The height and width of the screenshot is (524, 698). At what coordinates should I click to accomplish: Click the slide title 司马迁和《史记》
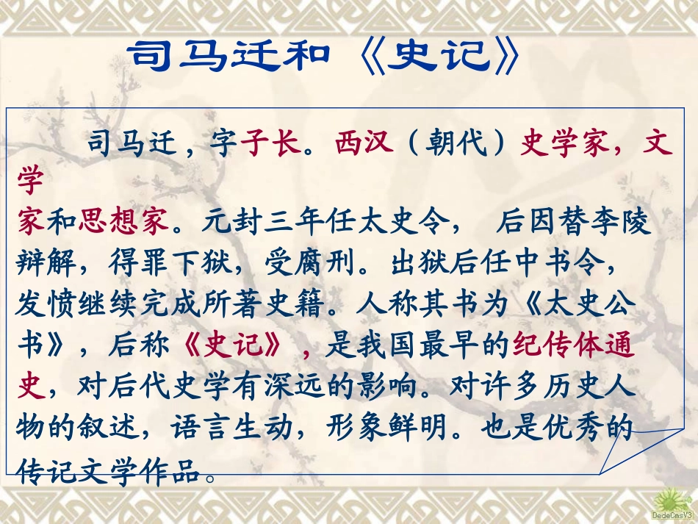pos(323,57)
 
